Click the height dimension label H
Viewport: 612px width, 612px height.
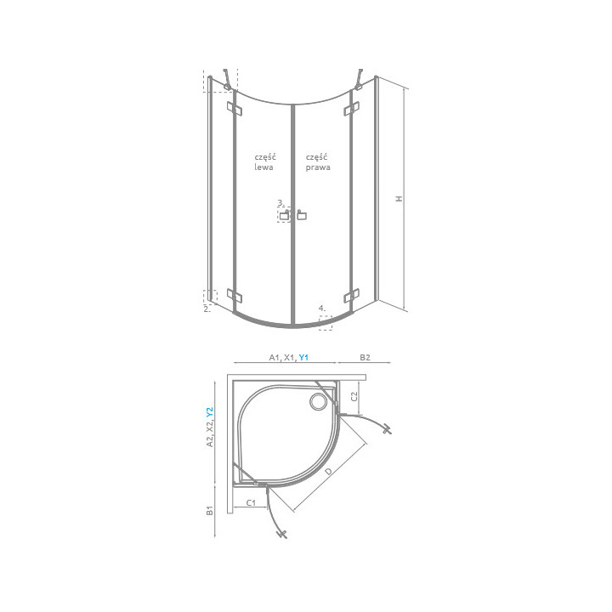point(398,198)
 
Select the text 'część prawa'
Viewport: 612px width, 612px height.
point(318,162)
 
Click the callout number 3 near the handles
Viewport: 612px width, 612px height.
point(280,203)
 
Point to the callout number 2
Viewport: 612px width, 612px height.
point(207,309)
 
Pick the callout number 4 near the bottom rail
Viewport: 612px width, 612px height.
point(321,308)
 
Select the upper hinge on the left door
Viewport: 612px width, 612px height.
point(235,109)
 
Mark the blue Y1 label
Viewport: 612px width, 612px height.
point(303,358)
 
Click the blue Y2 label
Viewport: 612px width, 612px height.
point(210,413)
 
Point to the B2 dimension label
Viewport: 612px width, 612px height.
point(364,358)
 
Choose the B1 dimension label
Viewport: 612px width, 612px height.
point(210,510)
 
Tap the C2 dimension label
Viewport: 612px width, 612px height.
point(355,393)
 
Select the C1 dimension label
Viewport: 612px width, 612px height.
point(252,503)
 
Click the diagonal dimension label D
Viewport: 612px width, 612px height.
point(328,470)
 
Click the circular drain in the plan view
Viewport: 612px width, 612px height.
point(320,400)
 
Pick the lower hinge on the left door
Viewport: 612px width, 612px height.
point(235,297)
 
